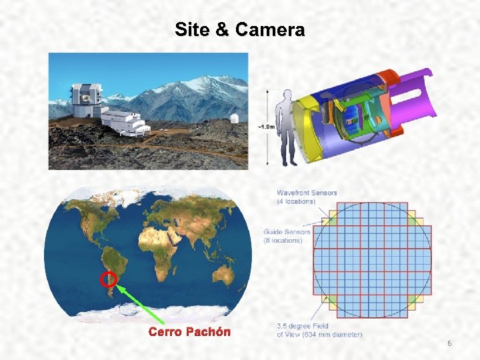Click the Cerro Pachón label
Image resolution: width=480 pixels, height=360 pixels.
tap(189, 331)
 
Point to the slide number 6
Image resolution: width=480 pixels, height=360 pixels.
tap(449, 343)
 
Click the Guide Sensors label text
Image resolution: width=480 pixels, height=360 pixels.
tap(287, 236)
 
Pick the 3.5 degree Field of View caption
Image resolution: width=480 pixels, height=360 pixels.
tap(319, 330)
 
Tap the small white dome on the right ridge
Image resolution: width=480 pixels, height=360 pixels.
tap(233, 118)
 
